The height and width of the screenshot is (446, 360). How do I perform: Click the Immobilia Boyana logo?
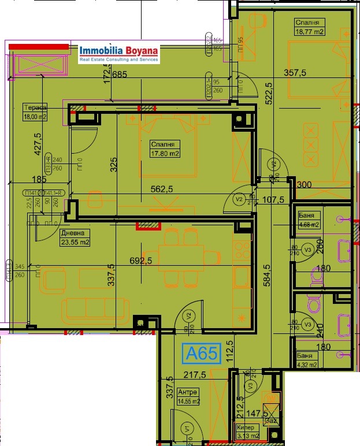120,54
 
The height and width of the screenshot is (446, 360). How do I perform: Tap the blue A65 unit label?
201,352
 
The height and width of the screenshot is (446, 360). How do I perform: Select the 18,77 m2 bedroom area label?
310,27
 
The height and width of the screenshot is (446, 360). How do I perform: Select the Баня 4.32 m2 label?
307,360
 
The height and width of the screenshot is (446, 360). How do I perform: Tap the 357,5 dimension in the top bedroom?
295,73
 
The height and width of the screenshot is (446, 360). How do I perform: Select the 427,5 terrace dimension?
38,149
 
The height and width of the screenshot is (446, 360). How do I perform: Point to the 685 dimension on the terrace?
119,74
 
